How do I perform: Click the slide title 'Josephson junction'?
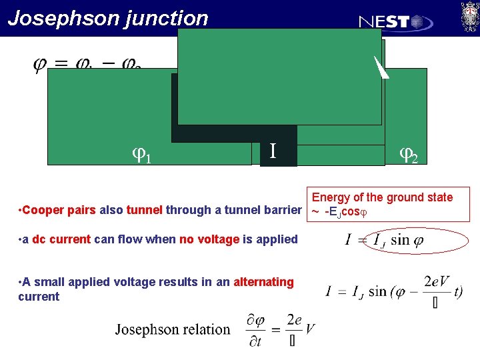pos(108,18)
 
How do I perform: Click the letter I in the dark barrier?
pos(273,151)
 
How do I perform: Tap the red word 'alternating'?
pos(263,282)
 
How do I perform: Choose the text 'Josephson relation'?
pos(173,329)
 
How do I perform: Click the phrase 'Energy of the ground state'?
pos(382,197)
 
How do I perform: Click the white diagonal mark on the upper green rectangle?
pos(380,67)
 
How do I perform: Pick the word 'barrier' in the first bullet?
pos(282,211)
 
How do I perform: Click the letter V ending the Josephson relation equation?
pos(310,329)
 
